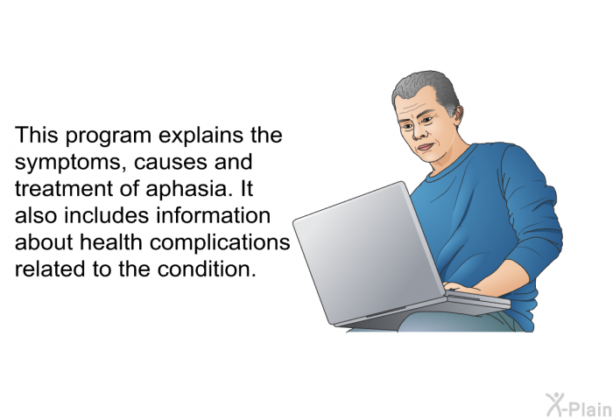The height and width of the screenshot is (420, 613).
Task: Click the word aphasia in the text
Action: (x=187, y=190)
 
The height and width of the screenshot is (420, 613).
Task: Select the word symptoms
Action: (x=67, y=163)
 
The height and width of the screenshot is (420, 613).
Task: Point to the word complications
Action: (x=220, y=243)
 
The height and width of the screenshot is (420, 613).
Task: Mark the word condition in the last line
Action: (x=207, y=269)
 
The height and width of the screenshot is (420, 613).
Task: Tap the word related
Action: (x=50, y=269)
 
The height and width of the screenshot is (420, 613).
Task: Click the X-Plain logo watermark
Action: (x=578, y=405)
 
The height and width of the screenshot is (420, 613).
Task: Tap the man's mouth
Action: (x=426, y=148)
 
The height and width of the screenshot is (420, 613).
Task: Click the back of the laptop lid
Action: (x=370, y=254)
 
